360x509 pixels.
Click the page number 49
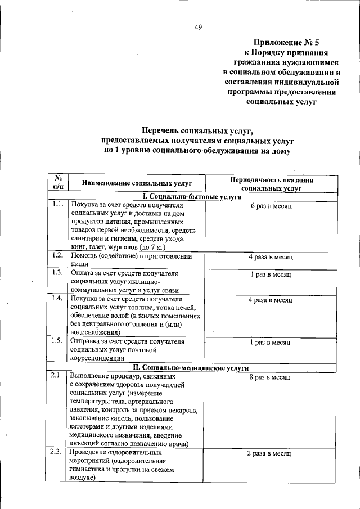click(x=199, y=26)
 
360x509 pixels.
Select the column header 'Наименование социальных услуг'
click(x=137, y=183)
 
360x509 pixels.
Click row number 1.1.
click(x=57, y=205)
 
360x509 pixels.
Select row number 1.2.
click(x=57, y=256)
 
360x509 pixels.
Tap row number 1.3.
click(x=57, y=273)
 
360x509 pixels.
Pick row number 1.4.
click(x=57, y=298)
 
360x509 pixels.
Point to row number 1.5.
click(x=57, y=341)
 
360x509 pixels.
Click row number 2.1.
click(x=57, y=375)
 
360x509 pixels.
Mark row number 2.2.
click(x=57, y=452)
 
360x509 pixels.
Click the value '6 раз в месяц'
click(x=271, y=206)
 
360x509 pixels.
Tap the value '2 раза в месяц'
click(x=271, y=453)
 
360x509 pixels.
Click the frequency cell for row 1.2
click(x=271, y=257)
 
